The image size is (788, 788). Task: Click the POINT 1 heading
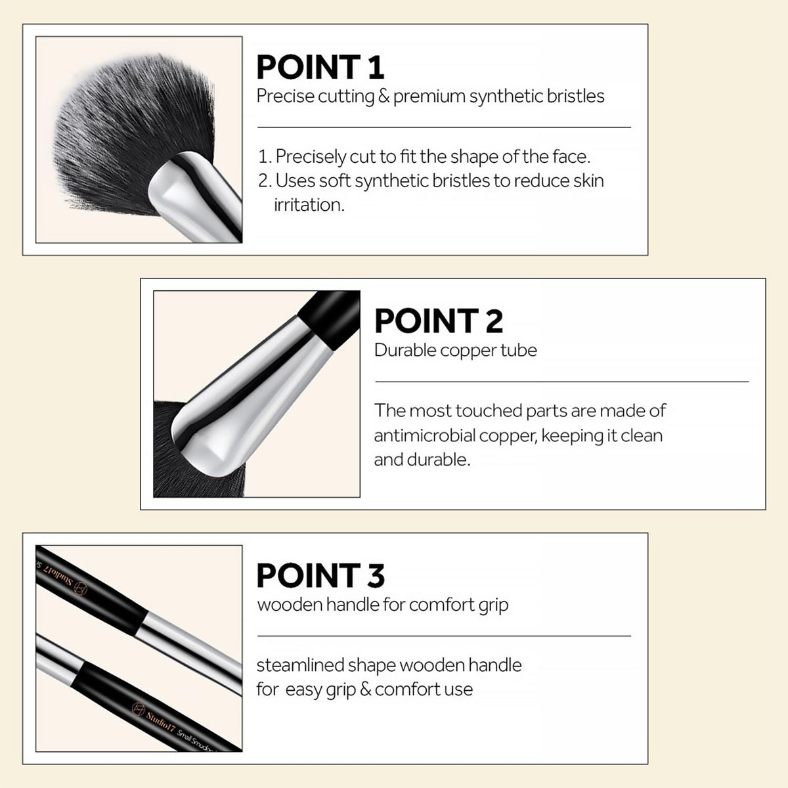coord(320,67)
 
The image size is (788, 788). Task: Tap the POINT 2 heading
coord(439,321)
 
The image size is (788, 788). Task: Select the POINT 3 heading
coord(320,575)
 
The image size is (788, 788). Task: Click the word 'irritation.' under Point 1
coord(309,205)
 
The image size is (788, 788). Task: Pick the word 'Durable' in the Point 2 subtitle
coord(405,350)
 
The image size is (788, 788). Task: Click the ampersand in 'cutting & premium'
coord(383,97)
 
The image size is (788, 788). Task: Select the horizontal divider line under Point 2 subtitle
coord(562,382)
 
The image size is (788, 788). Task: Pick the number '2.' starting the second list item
coord(265,181)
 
